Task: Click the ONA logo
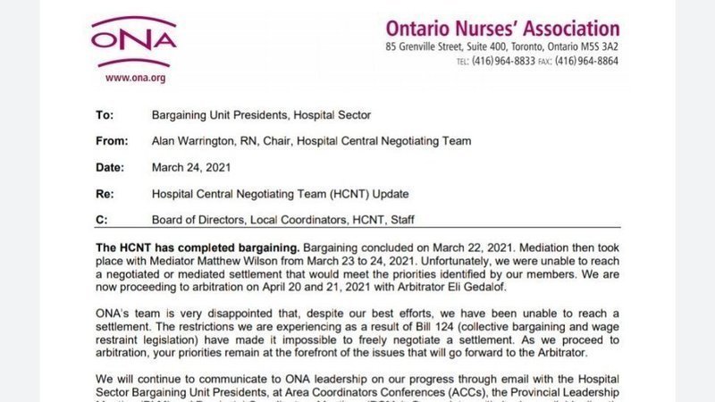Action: point(134,41)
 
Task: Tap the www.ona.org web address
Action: point(136,78)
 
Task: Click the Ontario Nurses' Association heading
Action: point(502,29)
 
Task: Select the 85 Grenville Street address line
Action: point(502,46)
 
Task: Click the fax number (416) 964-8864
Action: point(586,61)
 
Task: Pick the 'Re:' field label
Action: point(105,193)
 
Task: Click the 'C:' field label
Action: point(102,219)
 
